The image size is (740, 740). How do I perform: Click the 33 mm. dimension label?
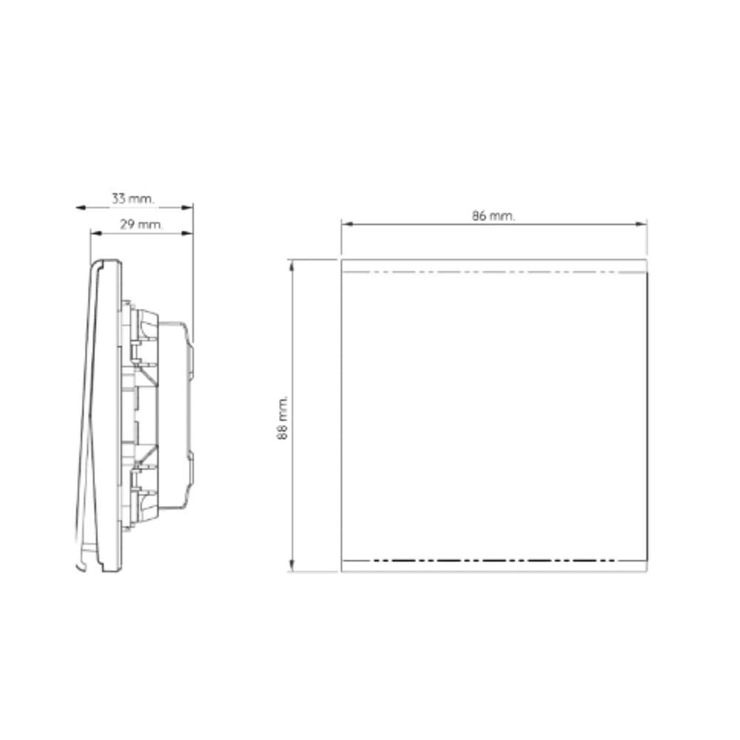(132, 198)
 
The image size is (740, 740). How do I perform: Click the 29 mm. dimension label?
(141, 224)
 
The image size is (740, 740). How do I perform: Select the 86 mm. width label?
(494, 215)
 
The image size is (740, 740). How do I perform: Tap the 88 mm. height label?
(282, 418)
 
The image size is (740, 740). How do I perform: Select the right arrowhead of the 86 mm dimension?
(642, 223)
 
